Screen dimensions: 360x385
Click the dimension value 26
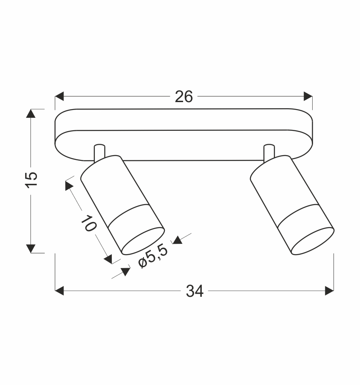(x=183, y=97)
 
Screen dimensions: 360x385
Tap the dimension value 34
(x=195, y=291)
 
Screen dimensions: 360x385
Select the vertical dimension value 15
(x=32, y=180)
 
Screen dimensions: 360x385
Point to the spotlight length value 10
(x=89, y=223)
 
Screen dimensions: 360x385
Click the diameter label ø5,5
(x=153, y=256)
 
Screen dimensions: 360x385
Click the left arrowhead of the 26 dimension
(x=59, y=96)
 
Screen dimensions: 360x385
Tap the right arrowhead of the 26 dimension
(x=308, y=96)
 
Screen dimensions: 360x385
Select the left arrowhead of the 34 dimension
(x=59, y=291)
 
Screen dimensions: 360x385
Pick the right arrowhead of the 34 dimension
(x=329, y=291)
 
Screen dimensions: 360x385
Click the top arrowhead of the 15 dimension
(x=31, y=113)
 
